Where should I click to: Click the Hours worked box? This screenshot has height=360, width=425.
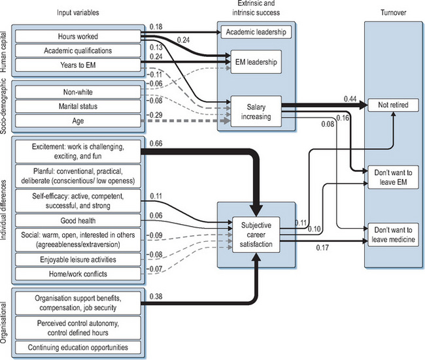(78, 37)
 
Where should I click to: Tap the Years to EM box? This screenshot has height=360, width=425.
(78, 65)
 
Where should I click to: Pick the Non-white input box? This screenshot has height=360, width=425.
(78, 92)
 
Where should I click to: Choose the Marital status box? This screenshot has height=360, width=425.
(78, 106)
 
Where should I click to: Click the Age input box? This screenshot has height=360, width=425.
(78, 120)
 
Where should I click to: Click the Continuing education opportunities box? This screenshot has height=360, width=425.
(78, 347)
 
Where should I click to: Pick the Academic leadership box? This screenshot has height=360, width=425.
(255, 31)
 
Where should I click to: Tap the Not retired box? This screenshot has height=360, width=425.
(392, 105)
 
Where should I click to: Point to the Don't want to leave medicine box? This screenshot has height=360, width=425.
(392, 234)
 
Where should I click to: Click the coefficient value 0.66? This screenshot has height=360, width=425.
(156, 143)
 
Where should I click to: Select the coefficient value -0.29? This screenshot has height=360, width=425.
(155, 115)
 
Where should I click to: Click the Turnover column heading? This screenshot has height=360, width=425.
(391, 13)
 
